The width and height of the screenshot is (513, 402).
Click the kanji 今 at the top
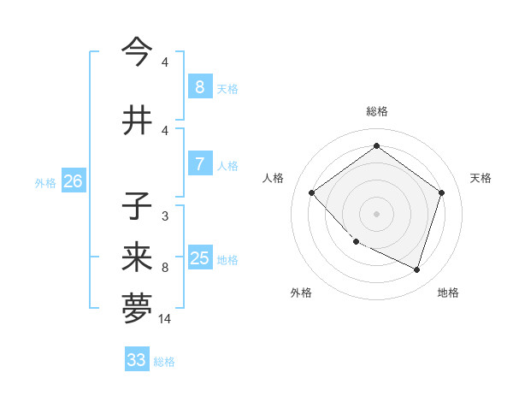point(137,51)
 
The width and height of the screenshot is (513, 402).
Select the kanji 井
point(137,121)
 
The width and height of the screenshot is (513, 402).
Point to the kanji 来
point(137,257)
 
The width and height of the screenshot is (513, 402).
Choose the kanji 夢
point(137,309)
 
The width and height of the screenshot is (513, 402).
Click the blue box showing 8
point(199,87)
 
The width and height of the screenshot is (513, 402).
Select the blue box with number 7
point(199,164)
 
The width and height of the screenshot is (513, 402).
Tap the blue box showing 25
point(199,258)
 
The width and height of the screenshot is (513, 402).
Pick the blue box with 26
point(73,181)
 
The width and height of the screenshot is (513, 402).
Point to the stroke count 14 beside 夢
point(166,319)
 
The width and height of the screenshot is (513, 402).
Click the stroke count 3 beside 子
point(164,216)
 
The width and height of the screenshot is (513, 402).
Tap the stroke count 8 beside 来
point(164,268)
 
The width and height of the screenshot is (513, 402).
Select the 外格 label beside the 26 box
point(45,182)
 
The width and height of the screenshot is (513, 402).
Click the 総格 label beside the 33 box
point(164,362)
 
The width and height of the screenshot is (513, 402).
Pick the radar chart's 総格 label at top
point(376,111)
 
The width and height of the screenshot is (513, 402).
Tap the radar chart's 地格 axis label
point(448,293)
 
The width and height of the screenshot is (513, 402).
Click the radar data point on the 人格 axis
point(312,192)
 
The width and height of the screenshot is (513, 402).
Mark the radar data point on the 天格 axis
point(441,192)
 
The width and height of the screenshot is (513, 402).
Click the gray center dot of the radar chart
point(376,213)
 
